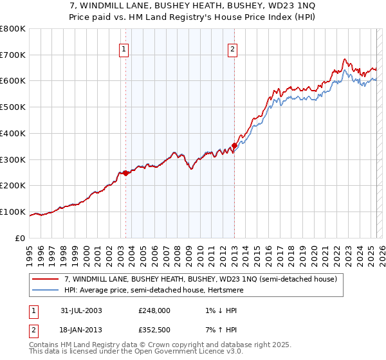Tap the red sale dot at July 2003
(126, 173)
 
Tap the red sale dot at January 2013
(234, 146)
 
